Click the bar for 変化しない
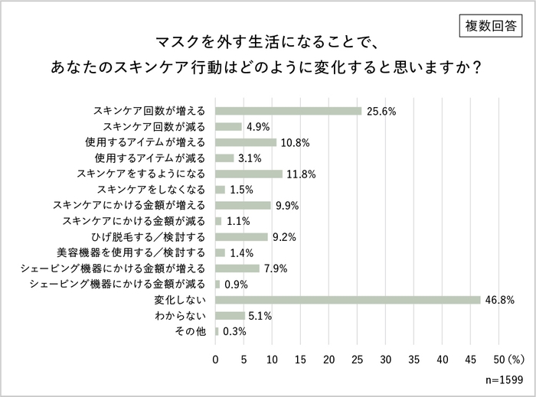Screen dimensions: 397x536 pos(348,300)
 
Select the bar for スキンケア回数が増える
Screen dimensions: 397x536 pos(288,111)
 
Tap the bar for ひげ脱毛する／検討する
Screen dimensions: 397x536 pos(241,237)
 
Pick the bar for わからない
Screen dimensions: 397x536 pos(230,316)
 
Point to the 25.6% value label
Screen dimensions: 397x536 pos(381,111)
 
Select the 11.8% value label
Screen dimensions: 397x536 pos(302,174)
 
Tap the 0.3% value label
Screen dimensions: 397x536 pos(234,332)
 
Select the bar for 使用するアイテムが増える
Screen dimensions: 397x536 pos(246,142)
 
